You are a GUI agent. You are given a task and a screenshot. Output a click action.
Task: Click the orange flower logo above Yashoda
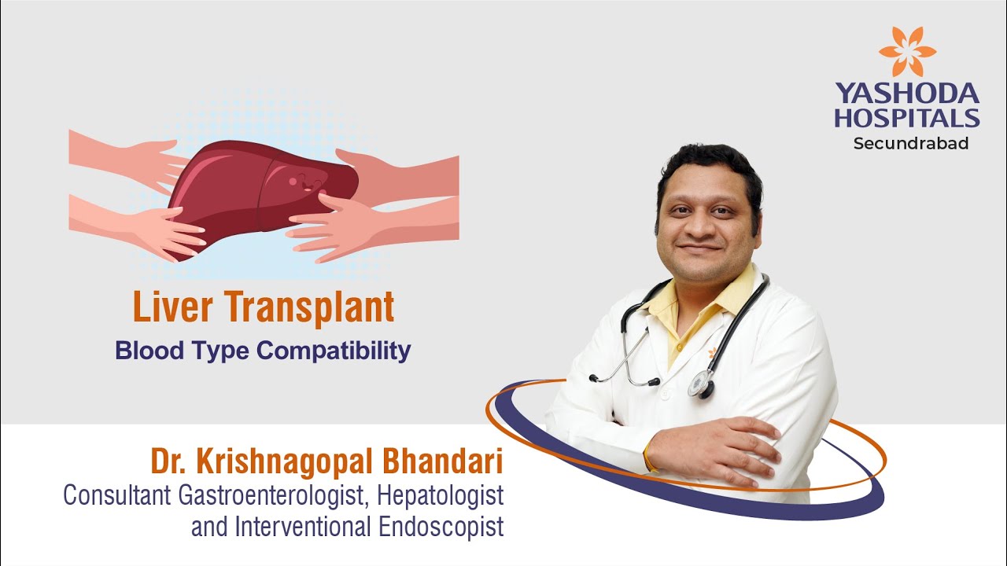point(907,52)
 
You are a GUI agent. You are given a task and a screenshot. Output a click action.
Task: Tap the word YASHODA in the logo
point(907,94)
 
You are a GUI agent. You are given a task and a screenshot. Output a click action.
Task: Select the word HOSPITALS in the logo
point(907,118)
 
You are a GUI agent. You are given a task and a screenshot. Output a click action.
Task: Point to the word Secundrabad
point(910,144)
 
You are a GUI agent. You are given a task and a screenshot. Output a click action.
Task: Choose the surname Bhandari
point(443,462)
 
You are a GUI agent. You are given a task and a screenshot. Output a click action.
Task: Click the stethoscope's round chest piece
point(699,383)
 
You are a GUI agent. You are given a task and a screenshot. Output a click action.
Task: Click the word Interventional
point(303,527)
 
